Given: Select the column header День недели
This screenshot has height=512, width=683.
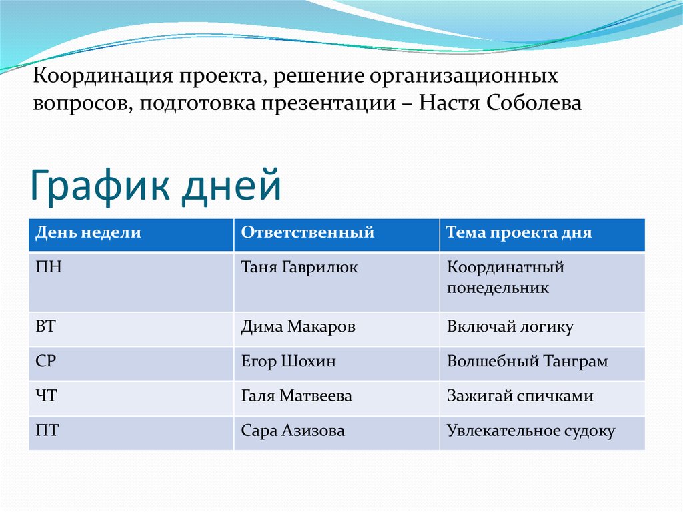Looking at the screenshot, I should (88, 233).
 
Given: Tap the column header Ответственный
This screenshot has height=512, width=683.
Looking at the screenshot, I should (307, 233).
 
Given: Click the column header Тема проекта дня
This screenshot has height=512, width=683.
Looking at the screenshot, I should (519, 233).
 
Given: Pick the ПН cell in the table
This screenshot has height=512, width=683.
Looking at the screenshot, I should (49, 268).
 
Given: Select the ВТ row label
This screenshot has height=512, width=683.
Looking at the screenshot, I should (47, 327).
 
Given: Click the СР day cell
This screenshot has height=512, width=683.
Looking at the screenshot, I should (46, 362).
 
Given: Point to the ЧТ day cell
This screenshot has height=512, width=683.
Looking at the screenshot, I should (47, 396).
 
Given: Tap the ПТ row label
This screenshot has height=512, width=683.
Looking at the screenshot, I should (47, 431).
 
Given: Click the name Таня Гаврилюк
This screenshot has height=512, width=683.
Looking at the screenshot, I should (299, 268).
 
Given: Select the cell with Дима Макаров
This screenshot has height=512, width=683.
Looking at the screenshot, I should (298, 327).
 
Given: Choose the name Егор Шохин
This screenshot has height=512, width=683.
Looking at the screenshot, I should (288, 362).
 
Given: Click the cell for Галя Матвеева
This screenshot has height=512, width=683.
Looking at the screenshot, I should (296, 396).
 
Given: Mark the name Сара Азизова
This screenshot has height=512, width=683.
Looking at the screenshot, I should (293, 431).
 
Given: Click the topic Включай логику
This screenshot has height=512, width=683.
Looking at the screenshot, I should (510, 327).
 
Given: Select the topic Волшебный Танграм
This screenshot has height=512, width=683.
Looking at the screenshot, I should (527, 362).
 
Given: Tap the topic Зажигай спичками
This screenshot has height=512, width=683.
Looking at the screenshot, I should (520, 396).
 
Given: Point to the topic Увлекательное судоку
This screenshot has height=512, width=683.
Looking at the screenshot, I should (530, 431).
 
